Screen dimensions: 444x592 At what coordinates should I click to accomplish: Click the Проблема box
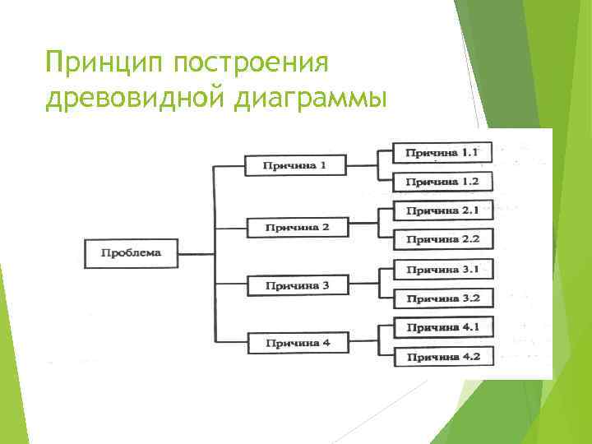132,253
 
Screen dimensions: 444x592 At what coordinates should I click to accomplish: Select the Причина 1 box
294,165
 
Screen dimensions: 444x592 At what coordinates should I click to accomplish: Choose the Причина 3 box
297,285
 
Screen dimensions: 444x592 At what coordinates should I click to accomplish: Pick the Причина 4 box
297,342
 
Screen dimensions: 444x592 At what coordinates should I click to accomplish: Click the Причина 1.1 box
442,152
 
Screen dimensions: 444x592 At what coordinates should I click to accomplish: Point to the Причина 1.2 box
442,181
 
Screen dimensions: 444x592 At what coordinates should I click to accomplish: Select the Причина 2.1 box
442,210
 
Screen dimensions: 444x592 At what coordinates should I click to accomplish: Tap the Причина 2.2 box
442,239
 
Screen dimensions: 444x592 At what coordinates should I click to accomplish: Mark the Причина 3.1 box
442,269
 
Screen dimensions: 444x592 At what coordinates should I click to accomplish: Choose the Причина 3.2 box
442,298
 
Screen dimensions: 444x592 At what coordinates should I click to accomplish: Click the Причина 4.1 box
442,326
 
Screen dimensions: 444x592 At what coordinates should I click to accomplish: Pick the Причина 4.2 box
442,356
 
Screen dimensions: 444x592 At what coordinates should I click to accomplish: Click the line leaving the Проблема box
197,254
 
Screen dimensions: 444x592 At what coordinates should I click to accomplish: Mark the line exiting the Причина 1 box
362,165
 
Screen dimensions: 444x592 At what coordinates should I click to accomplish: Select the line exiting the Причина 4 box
362,342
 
